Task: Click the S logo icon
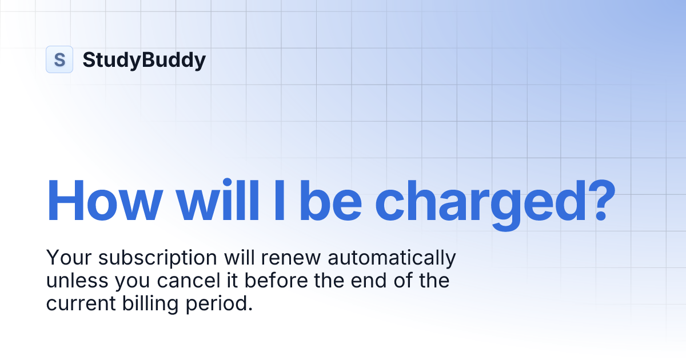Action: tap(59, 59)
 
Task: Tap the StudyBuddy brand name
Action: tap(144, 59)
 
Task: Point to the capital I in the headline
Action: tap(279, 201)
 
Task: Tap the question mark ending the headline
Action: tap(592, 201)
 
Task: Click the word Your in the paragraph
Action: tap(69, 258)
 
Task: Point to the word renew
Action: tap(292, 259)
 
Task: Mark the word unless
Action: tap(73, 281)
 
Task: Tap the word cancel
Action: tap(184, 281)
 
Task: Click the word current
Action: tap(78, 304)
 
